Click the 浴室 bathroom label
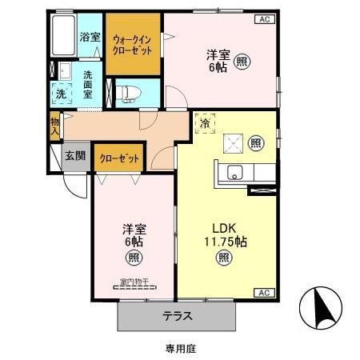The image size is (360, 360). pyautogui.click(x=90, y=36)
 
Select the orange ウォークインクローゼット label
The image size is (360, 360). pyautogui.click(x=134, y=42)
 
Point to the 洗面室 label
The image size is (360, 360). pyautogui.click(x=87, y=84)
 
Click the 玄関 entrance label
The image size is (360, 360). pyautogui.click(x=76, y=155)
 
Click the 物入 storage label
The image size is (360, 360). pyautogui.click(x=54, y=126)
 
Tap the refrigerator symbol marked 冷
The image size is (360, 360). pyautogui.click(x=205, y=124)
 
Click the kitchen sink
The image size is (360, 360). pyautogui.click(x=234, y=171)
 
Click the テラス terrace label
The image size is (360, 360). pyautogui.click(x=178, y=315)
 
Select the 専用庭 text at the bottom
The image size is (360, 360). pyautogui.click(x=181, y=348)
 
